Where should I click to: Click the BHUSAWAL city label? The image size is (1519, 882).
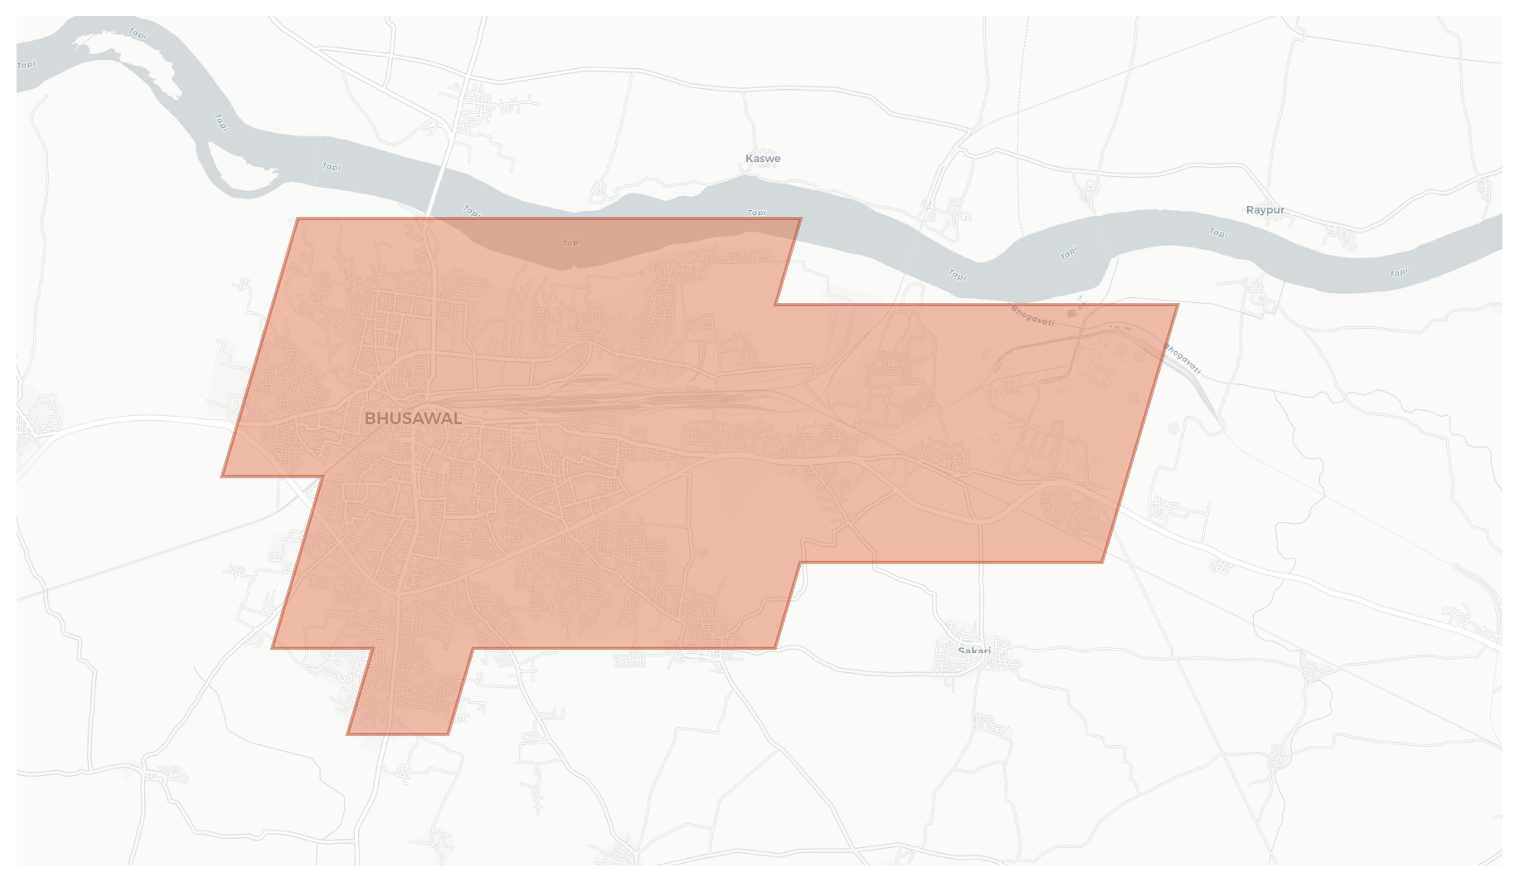tap(413, 418)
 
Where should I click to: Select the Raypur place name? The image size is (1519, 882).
tap(1265, 210)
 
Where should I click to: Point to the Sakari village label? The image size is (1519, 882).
tap(974, 651)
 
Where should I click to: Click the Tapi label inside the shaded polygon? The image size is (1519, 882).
tap(571, 243)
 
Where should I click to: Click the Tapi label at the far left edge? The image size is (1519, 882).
tap(26, 64)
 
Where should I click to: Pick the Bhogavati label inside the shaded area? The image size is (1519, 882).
tap(1032, 316)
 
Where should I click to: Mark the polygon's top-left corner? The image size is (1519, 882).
tap(298, 219)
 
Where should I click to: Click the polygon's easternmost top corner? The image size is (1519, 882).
tap(1178, 305)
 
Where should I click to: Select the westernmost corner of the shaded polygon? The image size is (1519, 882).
tap(222, 476)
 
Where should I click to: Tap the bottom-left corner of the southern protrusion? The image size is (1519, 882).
tap(347, 734)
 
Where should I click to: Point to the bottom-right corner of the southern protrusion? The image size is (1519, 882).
tap(448, 734)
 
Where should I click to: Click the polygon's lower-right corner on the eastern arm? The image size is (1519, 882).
tap(1102, 563)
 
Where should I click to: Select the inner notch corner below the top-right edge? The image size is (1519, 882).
tap(775, 305)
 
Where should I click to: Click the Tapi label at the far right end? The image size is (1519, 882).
tap(1398, 273)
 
